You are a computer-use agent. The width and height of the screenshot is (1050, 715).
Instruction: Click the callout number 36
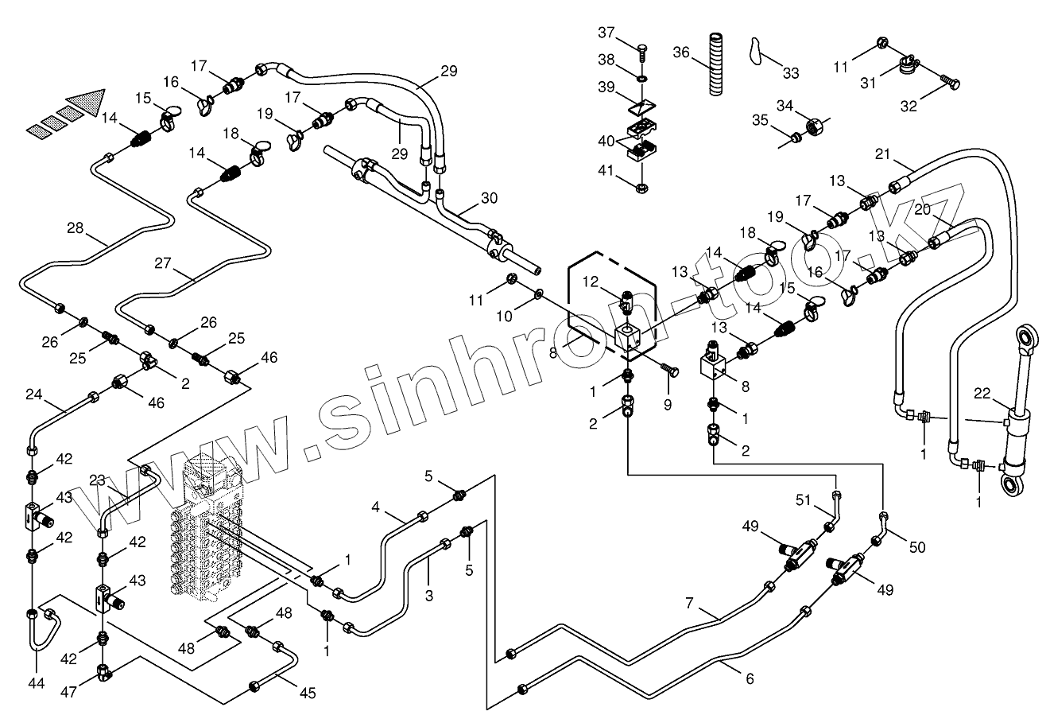tap(682, 52)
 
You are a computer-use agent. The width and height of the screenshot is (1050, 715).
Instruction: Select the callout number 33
tap(790, 73)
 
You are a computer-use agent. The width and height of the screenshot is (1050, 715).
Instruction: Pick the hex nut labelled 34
tap(815, 124)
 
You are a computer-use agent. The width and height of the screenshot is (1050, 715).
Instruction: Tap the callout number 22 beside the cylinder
tap(981, 393)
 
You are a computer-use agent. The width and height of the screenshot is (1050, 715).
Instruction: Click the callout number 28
tap(76, 229)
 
